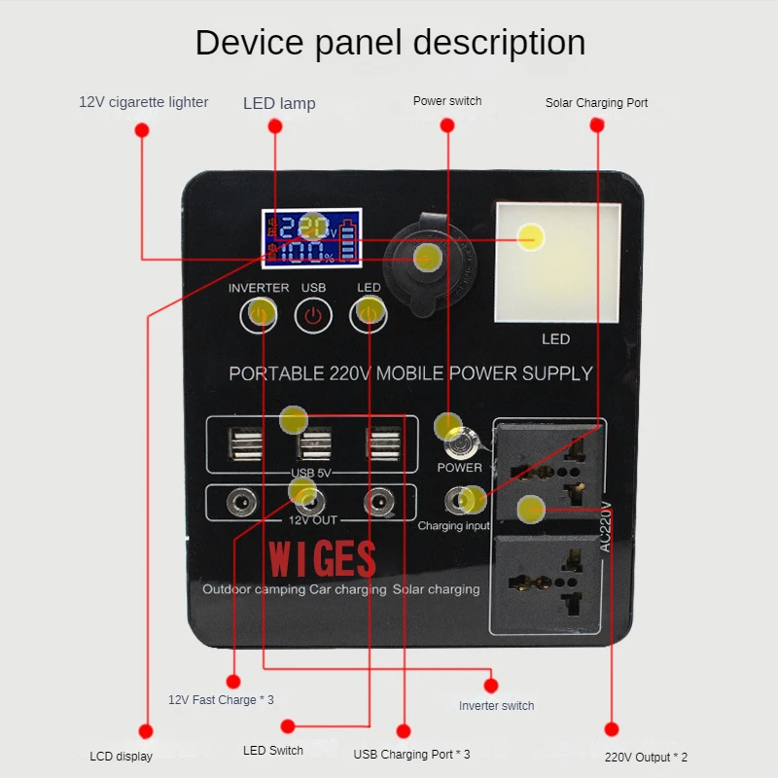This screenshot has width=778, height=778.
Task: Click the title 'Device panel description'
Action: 390,43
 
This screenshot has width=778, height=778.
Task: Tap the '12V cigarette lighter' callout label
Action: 144,102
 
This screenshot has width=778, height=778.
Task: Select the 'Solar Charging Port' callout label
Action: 596,102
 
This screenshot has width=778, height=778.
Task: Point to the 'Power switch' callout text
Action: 447,100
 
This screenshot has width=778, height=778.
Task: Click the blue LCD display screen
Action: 310,239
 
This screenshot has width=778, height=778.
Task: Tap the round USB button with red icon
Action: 313,315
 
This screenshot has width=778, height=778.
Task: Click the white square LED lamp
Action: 556,263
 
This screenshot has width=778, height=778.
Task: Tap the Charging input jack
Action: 458,501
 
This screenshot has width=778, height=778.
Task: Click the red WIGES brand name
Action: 322,559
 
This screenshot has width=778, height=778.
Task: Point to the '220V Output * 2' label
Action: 646,757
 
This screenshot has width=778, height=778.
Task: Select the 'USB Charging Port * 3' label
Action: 411,754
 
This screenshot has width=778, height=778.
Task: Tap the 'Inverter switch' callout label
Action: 496,705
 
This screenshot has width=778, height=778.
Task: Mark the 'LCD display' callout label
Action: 121,756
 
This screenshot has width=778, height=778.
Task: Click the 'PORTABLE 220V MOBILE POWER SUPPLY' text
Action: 410,372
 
